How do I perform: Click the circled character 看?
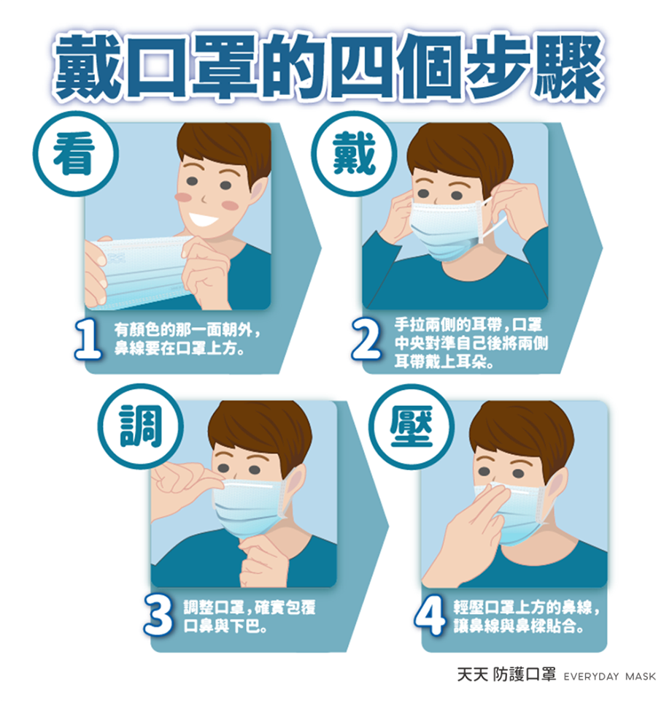tap(74, 154)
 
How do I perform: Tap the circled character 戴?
tap(355, 153)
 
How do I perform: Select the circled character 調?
tap(141, 426)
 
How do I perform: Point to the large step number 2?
tap(366, 340)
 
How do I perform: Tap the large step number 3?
tap(158, 616)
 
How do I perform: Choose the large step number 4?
tap(429, 616)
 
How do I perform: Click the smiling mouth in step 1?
tap(204, 219)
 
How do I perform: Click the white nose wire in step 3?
tap(247, 484)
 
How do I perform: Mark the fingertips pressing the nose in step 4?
tap(498, 492)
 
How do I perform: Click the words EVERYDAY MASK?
tap(610, 676)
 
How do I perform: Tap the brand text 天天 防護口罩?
tap(506, 675)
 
